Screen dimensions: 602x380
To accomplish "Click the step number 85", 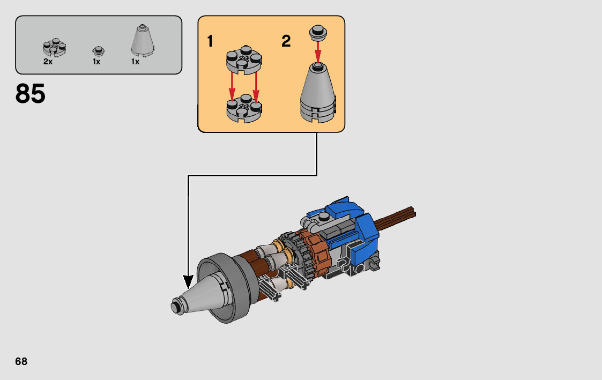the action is click(31, 94).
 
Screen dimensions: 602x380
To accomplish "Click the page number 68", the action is click(21, 362).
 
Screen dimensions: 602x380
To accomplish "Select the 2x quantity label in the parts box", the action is click(48, 62).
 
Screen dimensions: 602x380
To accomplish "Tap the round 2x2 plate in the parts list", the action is click(55, 48).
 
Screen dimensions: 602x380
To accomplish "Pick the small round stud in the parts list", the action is click(99, 51).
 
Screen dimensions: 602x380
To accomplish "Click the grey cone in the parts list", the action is click(143, 41).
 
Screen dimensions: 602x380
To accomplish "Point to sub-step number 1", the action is click(210, 41).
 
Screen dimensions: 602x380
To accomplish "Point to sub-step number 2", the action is click(286, 41).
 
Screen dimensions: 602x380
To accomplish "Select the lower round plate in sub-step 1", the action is click(244, 109).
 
